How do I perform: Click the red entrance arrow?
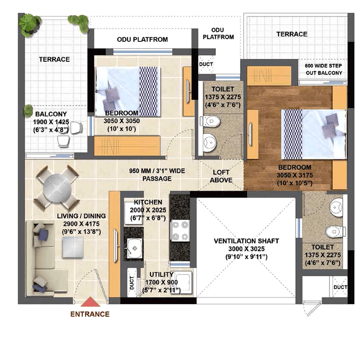[90, 302]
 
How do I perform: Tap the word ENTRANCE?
[90, 314]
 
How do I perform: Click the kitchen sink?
[134, 248]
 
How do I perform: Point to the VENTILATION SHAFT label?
[246, 241]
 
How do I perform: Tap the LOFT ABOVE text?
[221, 176]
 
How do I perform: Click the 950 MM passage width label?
[157, 175]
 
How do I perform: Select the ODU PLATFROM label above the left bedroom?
[142, 40]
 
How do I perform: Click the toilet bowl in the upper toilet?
[211, 121]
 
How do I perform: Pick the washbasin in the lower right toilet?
[336, 207]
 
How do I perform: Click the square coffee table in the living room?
[72, 247]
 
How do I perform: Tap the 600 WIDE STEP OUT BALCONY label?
[324, 69]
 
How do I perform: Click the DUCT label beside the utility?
[131, 283]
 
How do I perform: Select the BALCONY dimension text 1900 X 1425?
[51, 122]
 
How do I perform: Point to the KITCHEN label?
[148, 202]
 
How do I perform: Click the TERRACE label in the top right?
[292, 34]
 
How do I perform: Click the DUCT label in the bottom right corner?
[340, 287]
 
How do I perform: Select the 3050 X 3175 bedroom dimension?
[295, 175]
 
